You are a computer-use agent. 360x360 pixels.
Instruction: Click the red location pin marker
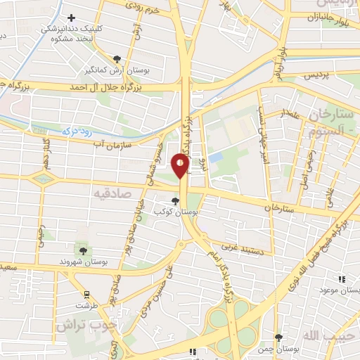181,165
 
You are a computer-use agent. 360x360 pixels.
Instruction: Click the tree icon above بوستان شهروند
84,250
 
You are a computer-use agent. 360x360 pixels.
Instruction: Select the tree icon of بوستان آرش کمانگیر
117,60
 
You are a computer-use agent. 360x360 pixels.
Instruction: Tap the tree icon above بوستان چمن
278,338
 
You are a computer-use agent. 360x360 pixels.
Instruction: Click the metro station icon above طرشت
86,295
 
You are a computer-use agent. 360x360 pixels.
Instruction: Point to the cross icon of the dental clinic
70,18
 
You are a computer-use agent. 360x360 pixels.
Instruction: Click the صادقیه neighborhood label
112,191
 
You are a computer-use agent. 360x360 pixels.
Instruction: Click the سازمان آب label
112,143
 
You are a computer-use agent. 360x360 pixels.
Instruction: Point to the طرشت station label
87,306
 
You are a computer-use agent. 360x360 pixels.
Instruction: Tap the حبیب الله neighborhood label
340,338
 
